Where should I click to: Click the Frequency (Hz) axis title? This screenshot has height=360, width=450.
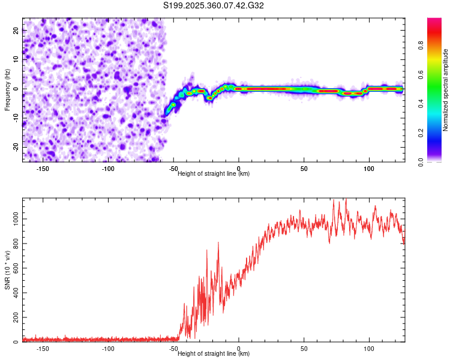pos(7,89)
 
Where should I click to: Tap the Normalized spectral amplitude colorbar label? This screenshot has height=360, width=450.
pos(445,90)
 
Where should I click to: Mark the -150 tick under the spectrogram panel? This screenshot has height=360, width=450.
pos(43,168)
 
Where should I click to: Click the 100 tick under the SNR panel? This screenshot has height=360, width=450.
pos(369,349)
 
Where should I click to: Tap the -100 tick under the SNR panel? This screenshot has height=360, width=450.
pos(108,349)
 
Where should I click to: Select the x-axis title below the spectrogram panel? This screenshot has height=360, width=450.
pos(214,174)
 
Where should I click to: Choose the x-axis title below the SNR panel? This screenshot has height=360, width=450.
pos(214,354)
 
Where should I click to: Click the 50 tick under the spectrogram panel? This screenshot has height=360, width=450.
pos(304,168)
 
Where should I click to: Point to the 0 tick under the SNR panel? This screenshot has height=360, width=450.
pos(239,349)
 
